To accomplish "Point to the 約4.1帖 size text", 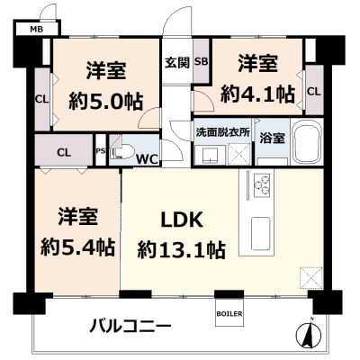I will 260,93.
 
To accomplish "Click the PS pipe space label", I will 100,150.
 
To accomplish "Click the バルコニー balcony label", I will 129,324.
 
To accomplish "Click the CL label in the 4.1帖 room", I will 313,91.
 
